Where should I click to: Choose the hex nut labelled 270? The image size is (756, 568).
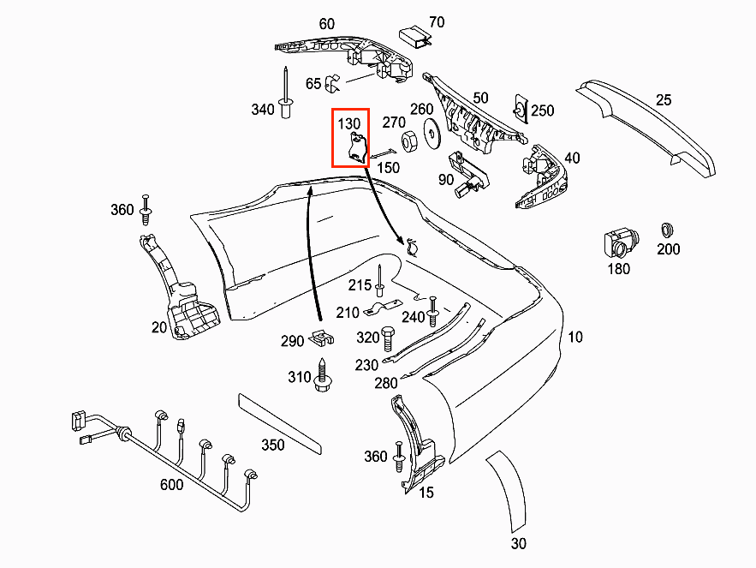pos(409,137)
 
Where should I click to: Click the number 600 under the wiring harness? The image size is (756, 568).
pos(172,485)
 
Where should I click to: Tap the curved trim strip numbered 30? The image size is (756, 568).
pos(507,495)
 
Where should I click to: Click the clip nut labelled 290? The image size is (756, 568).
pos(320,338)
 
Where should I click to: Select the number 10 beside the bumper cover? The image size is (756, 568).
pos(574,337)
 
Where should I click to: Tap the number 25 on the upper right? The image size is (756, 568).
pos(664,99)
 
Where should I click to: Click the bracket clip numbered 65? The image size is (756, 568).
pos(334,82)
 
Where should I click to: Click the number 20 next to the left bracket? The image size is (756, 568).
pos(159,326)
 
